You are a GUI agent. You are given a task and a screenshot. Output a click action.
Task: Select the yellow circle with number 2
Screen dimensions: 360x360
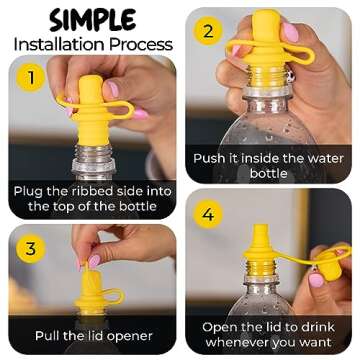(208, 30)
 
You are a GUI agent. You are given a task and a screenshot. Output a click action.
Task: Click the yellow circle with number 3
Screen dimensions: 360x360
(31, 248)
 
